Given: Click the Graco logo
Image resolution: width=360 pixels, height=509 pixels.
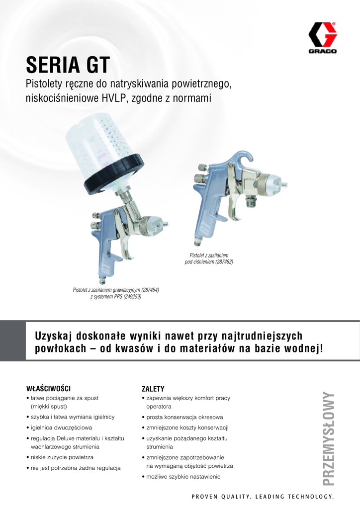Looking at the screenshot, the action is tap(322, 38).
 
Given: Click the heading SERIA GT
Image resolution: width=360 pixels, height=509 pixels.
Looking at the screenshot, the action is tap(68, 65).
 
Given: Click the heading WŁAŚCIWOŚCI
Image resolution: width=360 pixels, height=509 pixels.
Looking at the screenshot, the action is tap(48, 389).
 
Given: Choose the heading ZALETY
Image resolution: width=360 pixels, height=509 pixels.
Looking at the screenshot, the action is tap(153, 389).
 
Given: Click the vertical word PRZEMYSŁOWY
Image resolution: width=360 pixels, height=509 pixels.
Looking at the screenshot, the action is tap(329, 439).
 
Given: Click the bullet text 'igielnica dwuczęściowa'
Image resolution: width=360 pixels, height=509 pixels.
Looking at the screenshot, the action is tap(61, 427).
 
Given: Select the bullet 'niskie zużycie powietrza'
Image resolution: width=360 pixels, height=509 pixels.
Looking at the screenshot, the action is tap(62, 457).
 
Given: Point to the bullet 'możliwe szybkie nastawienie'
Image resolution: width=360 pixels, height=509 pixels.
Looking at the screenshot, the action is tap(183, 477).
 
